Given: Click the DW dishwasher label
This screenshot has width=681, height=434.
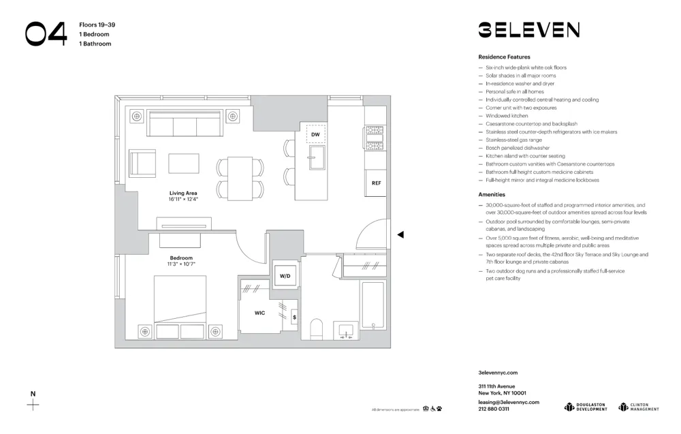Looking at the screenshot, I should click(x=315, y=135).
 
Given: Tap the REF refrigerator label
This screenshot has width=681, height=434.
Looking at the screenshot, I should click(x=376, y=183).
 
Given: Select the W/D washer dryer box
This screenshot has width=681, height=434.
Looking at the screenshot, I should click(x=285, y=275).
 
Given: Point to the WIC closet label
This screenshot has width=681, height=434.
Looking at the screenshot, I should click(x=259, y=313).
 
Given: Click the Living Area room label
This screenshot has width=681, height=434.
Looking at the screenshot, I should click(x=183, y=193).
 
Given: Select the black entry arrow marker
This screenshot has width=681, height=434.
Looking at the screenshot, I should click(x=400, y=234).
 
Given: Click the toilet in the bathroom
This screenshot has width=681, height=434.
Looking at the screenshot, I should click(x=316, y=328).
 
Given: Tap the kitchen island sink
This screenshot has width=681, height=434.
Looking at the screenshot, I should click(x=315, y=161).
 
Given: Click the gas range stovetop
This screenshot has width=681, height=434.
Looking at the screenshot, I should click(x=375, y=138).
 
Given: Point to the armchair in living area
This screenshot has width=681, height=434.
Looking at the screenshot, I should click(x=143, y=164).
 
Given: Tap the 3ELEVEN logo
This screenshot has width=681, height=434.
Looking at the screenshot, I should click(x=528, y=29).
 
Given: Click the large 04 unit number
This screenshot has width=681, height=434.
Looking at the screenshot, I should click(x=46, y=34).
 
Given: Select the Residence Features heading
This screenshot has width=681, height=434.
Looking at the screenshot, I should click(x=504, y=57).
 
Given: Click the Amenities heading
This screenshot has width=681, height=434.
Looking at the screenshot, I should click(x=492, y=194).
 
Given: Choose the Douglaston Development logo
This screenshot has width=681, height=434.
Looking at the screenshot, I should click(x=586, y=407).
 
